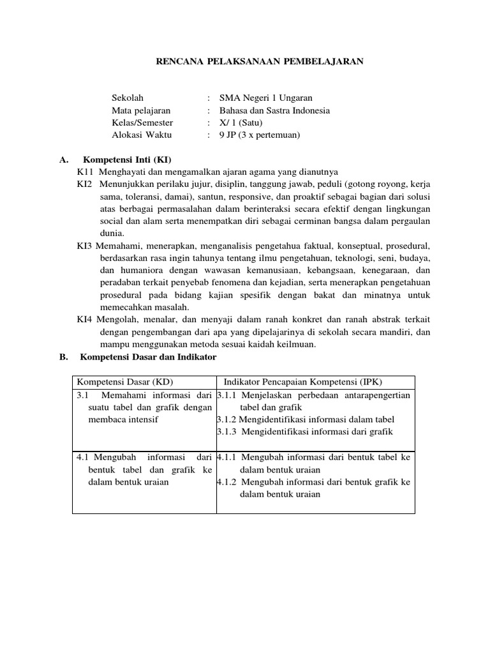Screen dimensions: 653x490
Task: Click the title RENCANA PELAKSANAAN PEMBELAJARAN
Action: [260, 61]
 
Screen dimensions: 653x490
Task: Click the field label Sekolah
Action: [128, 98]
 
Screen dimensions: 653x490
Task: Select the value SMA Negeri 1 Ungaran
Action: [266, 98]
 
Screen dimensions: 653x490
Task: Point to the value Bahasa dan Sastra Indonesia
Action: [274, 110]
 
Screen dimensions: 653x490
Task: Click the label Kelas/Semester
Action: [142, 122]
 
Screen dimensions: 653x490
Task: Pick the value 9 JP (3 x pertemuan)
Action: [260, 135]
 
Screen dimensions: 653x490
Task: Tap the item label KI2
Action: [85, 184]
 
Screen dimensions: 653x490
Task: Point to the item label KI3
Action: [84, 246]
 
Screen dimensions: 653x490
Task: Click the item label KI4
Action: [84, 319]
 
